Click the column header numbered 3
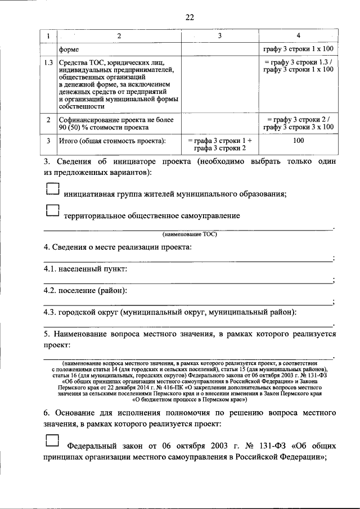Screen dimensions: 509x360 [220, 37]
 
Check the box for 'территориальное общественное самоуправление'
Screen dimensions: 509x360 [52, 210]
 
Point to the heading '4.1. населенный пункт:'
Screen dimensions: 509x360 [85, 269]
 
